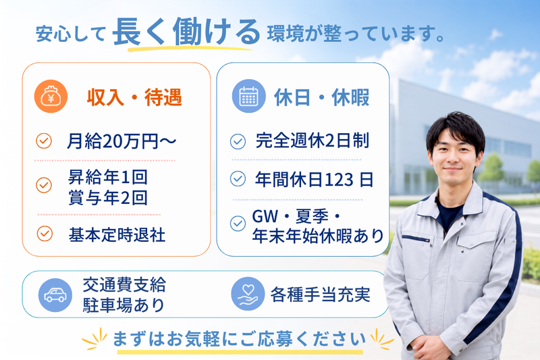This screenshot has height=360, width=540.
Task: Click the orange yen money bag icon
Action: point(51,97)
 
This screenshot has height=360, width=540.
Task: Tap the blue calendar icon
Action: point(248,96)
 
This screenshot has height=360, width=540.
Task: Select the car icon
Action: point(55,295)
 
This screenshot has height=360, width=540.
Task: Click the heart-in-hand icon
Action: point(248,294)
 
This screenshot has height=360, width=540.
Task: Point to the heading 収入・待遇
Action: point(134,97)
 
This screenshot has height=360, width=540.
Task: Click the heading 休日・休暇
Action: point(322,97)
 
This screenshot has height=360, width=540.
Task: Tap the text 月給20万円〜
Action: point(122,141)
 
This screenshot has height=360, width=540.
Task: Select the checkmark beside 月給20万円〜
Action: point(44,141)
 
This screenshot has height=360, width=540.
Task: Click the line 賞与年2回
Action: point(108,198)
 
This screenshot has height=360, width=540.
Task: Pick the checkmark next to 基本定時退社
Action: point(45,234)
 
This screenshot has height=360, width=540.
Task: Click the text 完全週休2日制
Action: point(313,140)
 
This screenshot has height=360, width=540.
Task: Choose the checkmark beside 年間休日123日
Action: point(238,179)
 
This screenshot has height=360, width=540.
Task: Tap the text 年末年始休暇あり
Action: point(318,236)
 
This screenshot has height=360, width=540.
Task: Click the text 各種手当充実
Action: point(320,294)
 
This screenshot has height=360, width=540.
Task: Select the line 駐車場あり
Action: point(124,305)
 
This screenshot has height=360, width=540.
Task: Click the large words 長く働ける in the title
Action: point(186,32)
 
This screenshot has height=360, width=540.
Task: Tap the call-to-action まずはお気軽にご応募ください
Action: point(240,338)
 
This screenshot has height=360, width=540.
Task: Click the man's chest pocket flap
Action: point(416,238)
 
